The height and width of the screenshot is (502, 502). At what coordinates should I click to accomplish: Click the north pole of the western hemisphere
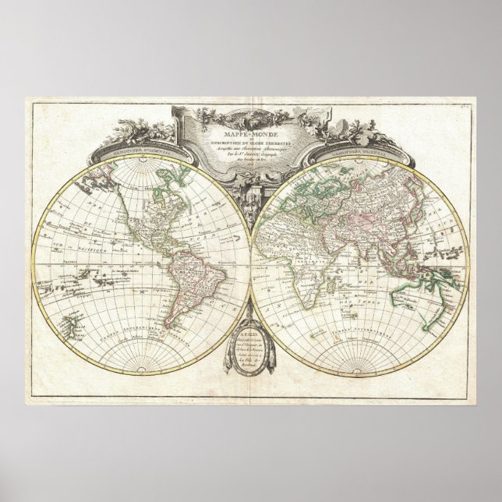click(147, 160)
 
